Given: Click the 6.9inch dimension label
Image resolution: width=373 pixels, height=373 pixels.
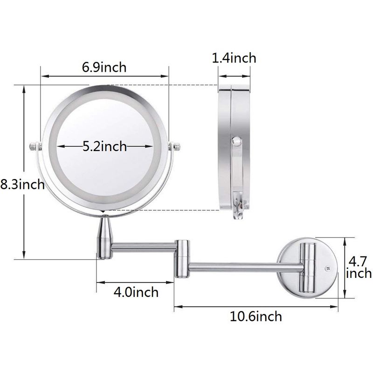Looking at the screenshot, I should [x=104, y=67].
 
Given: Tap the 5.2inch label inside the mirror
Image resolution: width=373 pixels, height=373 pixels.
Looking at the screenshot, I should [x=104, y=146].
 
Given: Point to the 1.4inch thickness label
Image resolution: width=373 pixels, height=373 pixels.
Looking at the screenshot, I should [x=234, y=58].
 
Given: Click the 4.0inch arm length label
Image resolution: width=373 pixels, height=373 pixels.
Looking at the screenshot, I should [x=136, y=292].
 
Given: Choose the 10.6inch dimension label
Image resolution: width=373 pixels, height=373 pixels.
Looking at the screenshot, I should [x=256, y=317].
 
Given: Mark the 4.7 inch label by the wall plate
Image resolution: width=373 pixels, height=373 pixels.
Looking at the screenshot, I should [x=359, y=266].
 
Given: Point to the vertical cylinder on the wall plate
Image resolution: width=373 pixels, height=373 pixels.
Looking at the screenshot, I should [x=307, y=268].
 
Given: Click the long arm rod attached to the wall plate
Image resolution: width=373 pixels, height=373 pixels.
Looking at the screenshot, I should [x=242, y=267].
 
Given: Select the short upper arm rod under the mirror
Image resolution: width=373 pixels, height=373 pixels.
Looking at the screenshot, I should [x=142, y=246].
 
